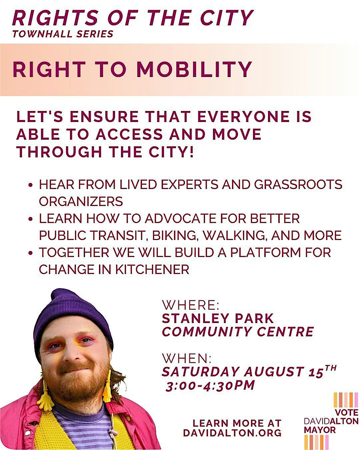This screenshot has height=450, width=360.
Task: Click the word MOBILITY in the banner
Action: tap(194, 69)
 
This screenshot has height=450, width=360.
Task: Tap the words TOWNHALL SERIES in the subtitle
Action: tap(63, 34)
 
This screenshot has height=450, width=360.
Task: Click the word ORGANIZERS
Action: tap(81, 201)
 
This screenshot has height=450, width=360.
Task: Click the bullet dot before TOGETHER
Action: tap(31, 253)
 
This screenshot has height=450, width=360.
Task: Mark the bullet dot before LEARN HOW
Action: tap(31, 219)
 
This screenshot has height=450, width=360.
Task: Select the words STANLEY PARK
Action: tap(218, 318)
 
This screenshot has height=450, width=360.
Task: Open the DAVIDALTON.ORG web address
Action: tap(232, 433)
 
